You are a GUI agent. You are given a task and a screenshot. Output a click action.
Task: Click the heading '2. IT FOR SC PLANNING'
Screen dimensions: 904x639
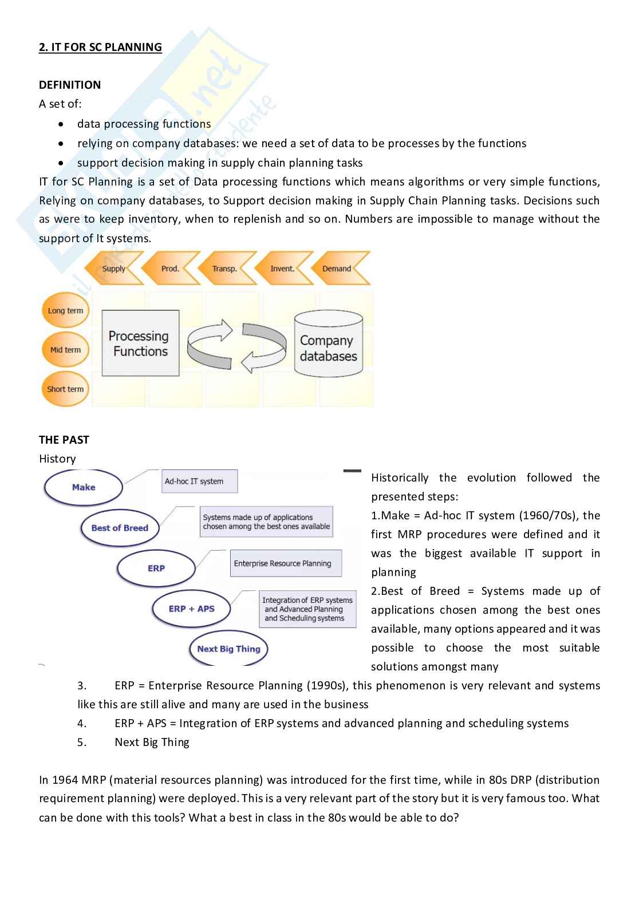point(100,47)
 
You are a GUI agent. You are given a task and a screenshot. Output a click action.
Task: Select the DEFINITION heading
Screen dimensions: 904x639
point(70,85)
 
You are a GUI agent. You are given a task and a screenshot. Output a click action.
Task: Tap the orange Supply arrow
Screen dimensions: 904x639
point(114,269)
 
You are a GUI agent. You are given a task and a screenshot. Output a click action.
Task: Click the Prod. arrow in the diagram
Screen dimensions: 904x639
point(170,269)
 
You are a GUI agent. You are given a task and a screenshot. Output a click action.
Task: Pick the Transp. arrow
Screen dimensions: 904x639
point(224,269)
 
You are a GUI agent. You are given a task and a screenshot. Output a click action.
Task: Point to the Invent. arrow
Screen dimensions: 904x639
point(282,269)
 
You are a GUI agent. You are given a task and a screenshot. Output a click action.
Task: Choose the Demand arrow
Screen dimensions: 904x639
point(338,269)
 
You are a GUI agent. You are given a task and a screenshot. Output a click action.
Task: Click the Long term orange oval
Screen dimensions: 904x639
point(65,311)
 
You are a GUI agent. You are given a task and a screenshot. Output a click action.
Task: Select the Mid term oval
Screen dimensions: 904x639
point(65,350)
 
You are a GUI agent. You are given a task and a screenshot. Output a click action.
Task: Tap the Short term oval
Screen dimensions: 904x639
point(65,389)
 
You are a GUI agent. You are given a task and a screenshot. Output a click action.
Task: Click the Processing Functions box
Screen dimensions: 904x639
point(140,344)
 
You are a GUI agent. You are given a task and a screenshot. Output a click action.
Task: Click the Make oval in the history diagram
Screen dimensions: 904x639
point(84,487)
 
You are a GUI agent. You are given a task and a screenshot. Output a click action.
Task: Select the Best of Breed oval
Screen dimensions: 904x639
point(120,528)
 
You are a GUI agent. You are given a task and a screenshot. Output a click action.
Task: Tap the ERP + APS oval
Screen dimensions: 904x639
point(191,609)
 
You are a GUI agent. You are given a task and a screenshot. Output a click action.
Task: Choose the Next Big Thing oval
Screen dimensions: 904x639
point(228,649)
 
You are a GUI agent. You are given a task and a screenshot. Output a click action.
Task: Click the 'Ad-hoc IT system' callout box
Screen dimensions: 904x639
point(200,481)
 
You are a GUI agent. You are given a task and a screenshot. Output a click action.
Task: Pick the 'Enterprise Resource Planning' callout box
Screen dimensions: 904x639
point(285,563)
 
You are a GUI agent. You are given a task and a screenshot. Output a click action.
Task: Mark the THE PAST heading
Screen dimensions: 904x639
point(64,440)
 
